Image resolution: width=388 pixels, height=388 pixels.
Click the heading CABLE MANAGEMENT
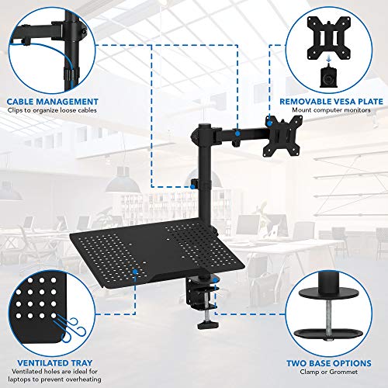53,101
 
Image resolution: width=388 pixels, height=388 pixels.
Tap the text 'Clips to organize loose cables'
53,111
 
